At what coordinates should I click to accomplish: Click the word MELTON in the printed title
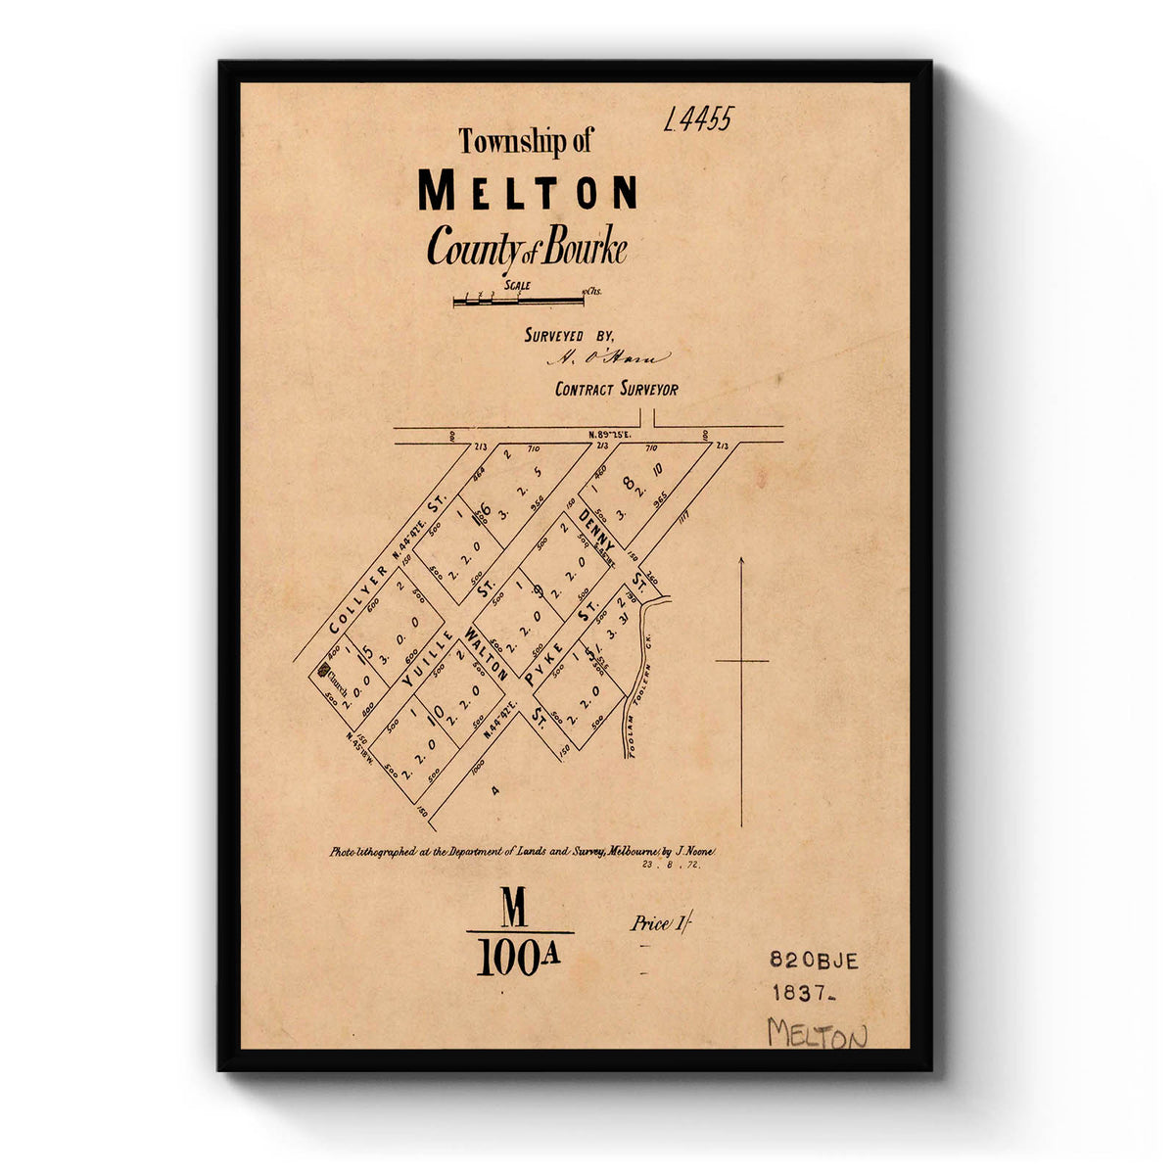pyautogui.click(x=528, y=192)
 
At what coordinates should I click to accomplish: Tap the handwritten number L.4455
pyautogui.click(x=697, y=120)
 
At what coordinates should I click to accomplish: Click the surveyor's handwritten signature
pyautogui.click(x=607, y=358)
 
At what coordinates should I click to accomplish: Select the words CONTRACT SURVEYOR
pyautogui.click(x=616, y=389)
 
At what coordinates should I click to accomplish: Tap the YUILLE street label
pyautogui.click(x=428, y=656)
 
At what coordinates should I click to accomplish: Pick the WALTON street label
pyautogui.click(x=487, y=655)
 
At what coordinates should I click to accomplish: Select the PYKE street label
pyautogui.click(x=543, y=663)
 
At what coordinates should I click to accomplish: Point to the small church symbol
pyautogui.click(x=324, y=670)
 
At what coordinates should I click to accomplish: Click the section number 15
pyautogui.click(x=364, y=653)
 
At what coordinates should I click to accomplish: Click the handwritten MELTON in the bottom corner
pyautogui.click(x=817, y=1034)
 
